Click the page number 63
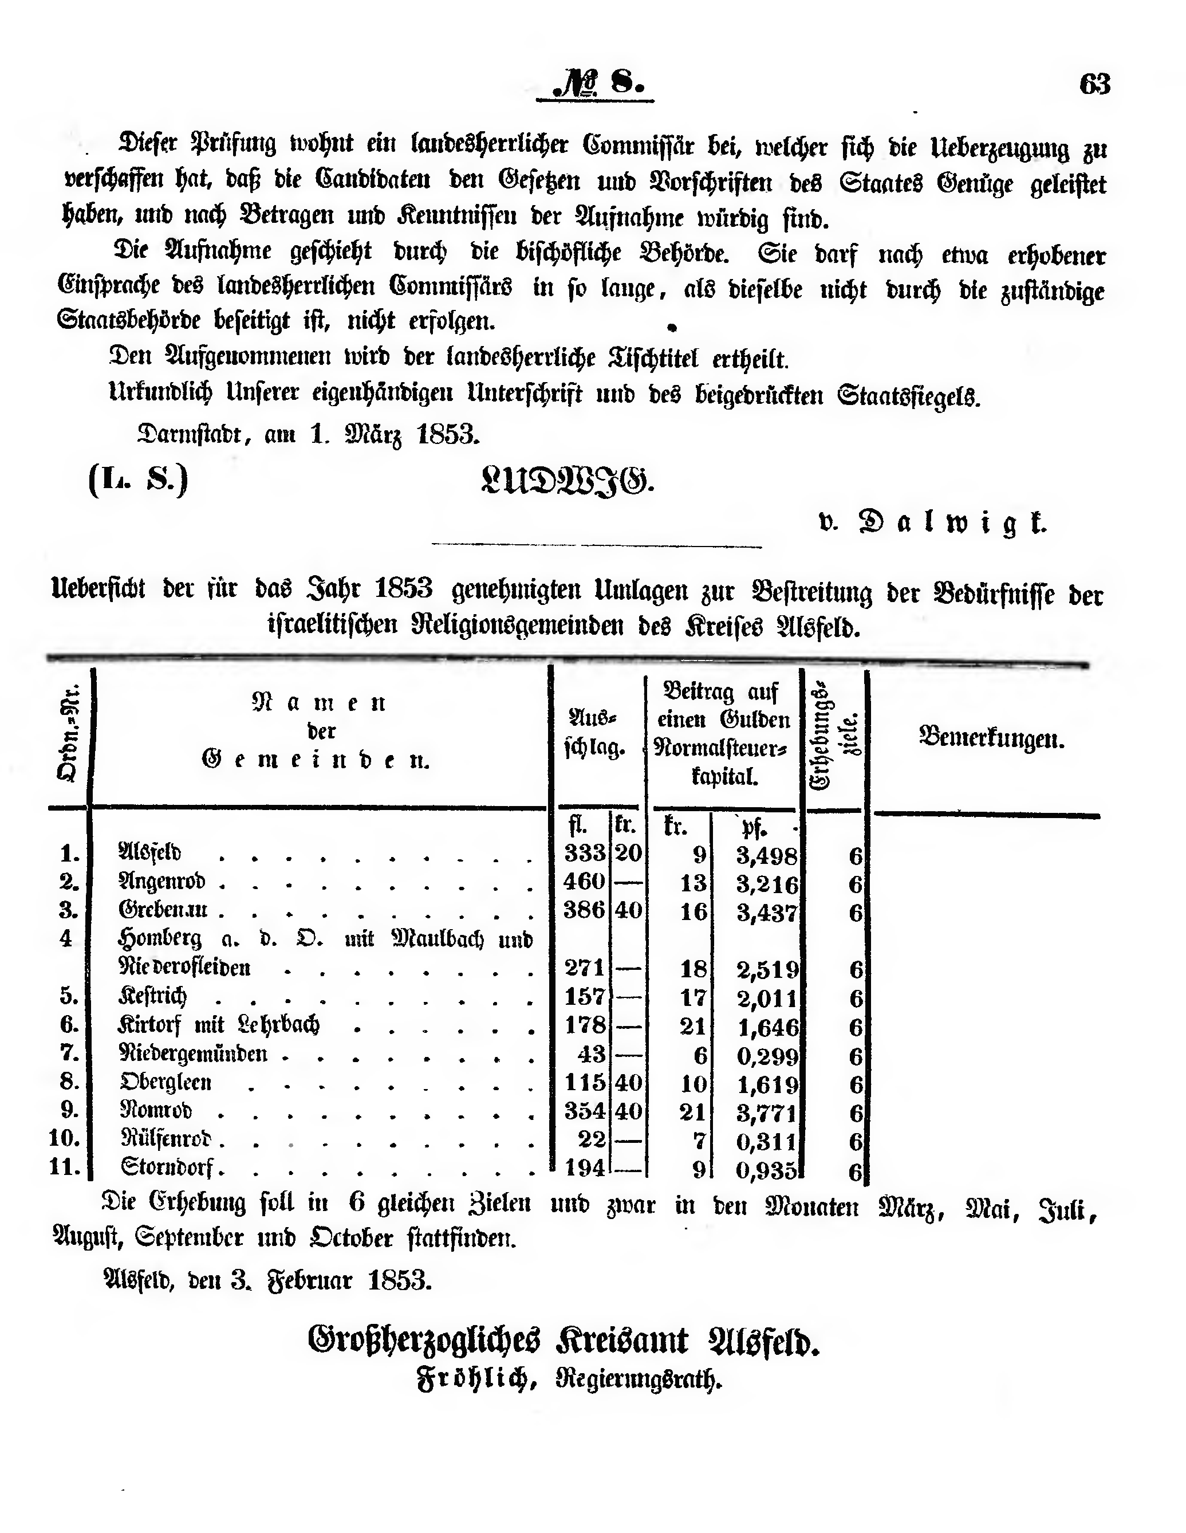pos(1095,84)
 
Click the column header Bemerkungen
pos(991,738)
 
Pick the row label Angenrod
pos(162,882)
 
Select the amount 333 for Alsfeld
pos(585,853)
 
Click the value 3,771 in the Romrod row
pos(767,1113)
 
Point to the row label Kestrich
pos(152,997)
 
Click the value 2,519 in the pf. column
pos(767,969)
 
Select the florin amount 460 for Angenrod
pos(585,882)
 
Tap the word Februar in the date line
pos(309,1281)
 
